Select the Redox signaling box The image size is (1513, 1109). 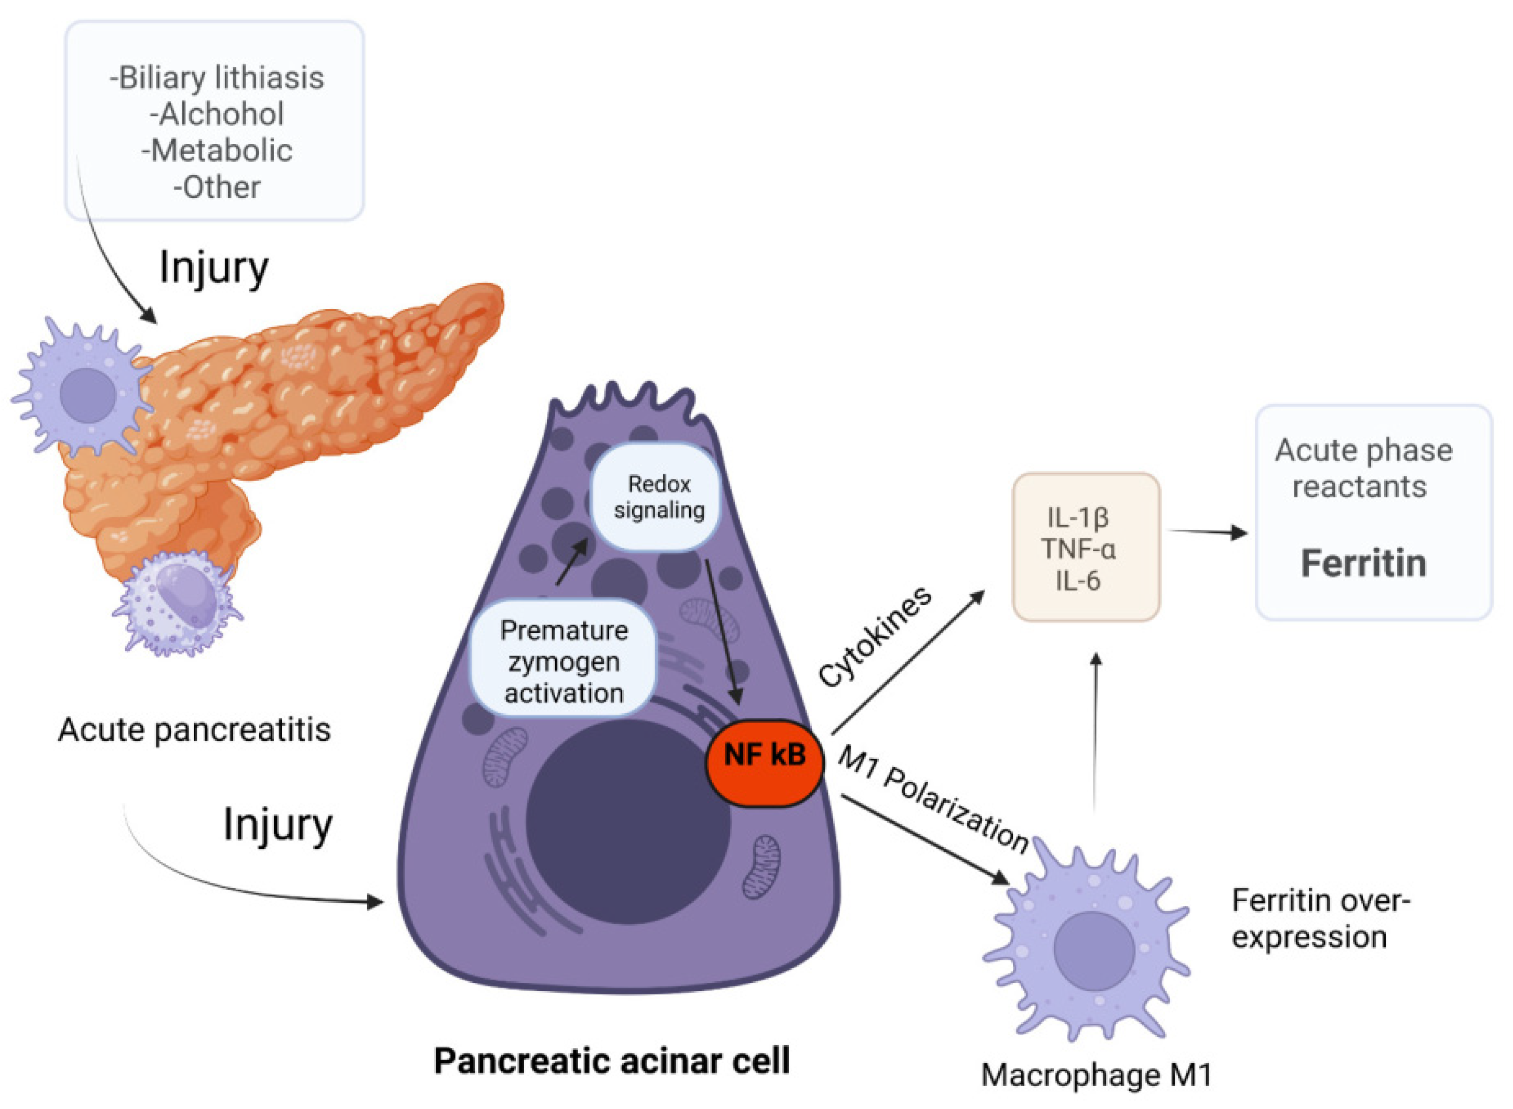tap(658, 497)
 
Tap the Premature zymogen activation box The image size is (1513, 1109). tap(564, 661)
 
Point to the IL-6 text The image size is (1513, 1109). tap(1077, 581)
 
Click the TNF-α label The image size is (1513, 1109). tap(1078, 549)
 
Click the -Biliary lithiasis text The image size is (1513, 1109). tap(217, 78)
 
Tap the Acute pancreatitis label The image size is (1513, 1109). tap(195, 730)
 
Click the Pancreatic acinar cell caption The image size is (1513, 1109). tap(611, 1061)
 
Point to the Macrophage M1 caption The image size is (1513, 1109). tap(1096, 1075)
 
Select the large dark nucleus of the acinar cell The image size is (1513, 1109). tap(627, 822)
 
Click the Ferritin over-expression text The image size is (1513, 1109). tap(1319, 918)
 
